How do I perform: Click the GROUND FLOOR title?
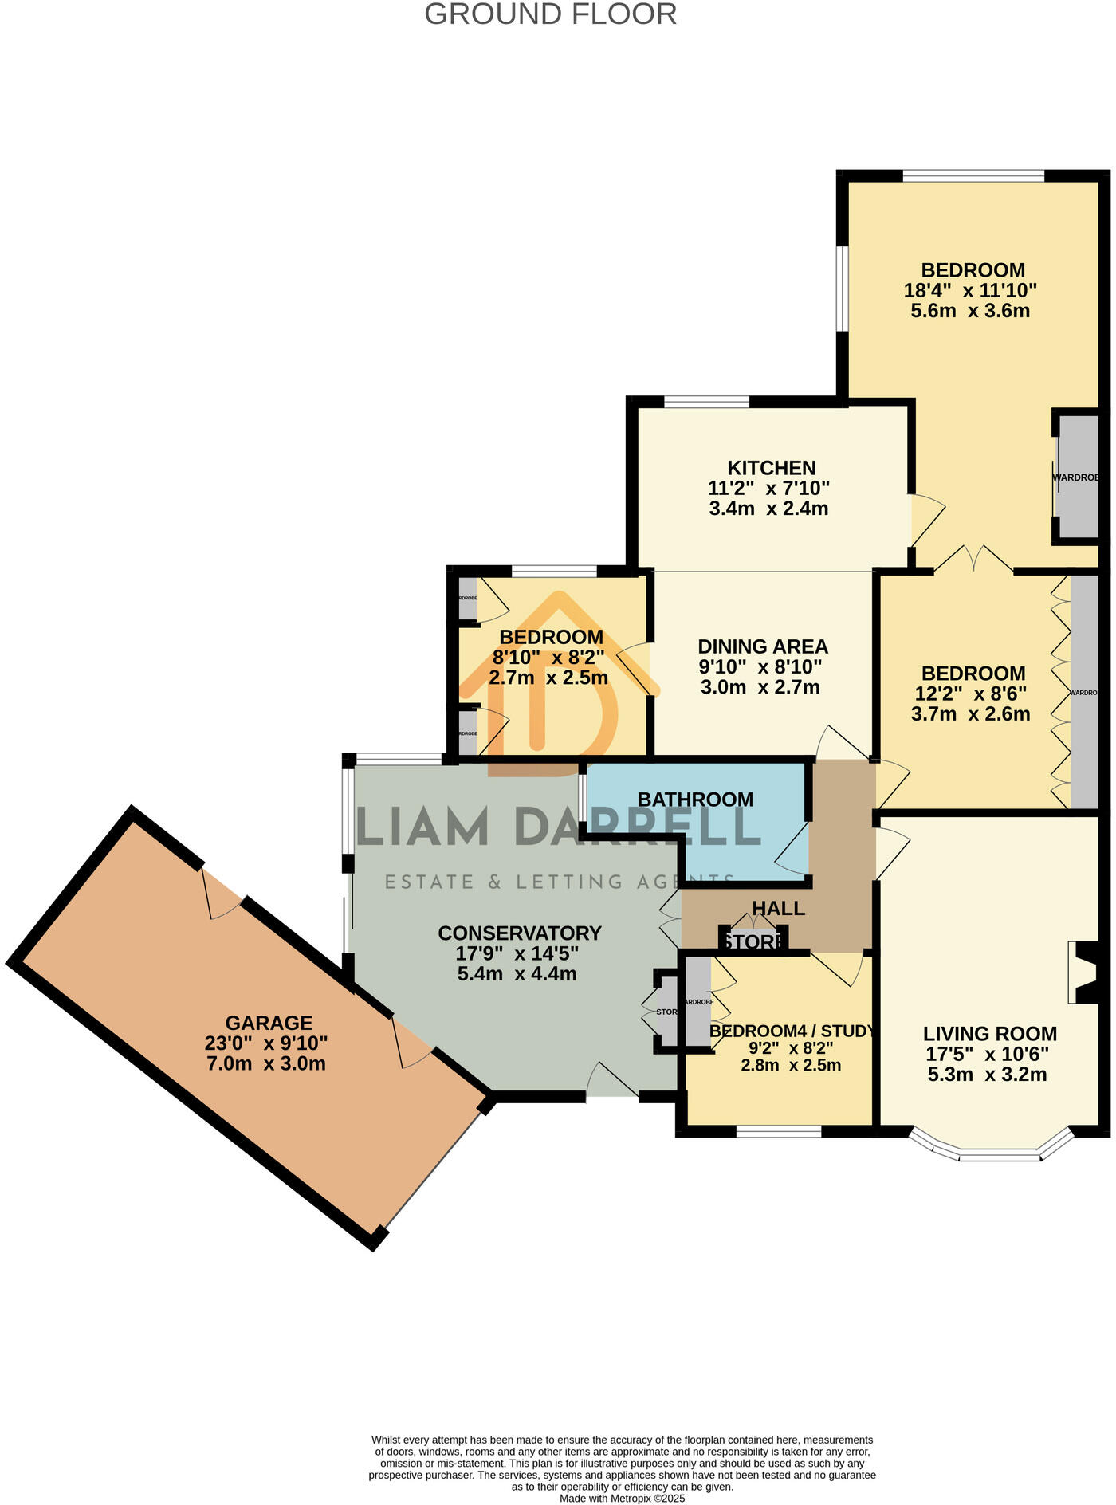tap(550, 14)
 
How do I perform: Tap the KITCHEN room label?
tap(771, 468)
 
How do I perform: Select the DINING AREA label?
tap(763, 646)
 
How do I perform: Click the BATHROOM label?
tap(695, 800)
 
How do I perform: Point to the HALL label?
tap(778, 909)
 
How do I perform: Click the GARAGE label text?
tap(269, 1023)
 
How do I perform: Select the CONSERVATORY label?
tap(520, 933)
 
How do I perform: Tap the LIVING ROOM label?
tap(990, 1034)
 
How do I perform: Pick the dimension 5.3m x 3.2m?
tap(987, 1075)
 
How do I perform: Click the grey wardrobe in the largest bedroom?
tap(1079, 477)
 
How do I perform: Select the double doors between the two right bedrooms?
tap(973, 560)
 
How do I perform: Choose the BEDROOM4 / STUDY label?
tap(792, 1031)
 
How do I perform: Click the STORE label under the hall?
tap(753, 942)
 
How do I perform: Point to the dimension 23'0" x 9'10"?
tap(266, 1043)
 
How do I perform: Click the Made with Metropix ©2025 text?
tap(622, 1498)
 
